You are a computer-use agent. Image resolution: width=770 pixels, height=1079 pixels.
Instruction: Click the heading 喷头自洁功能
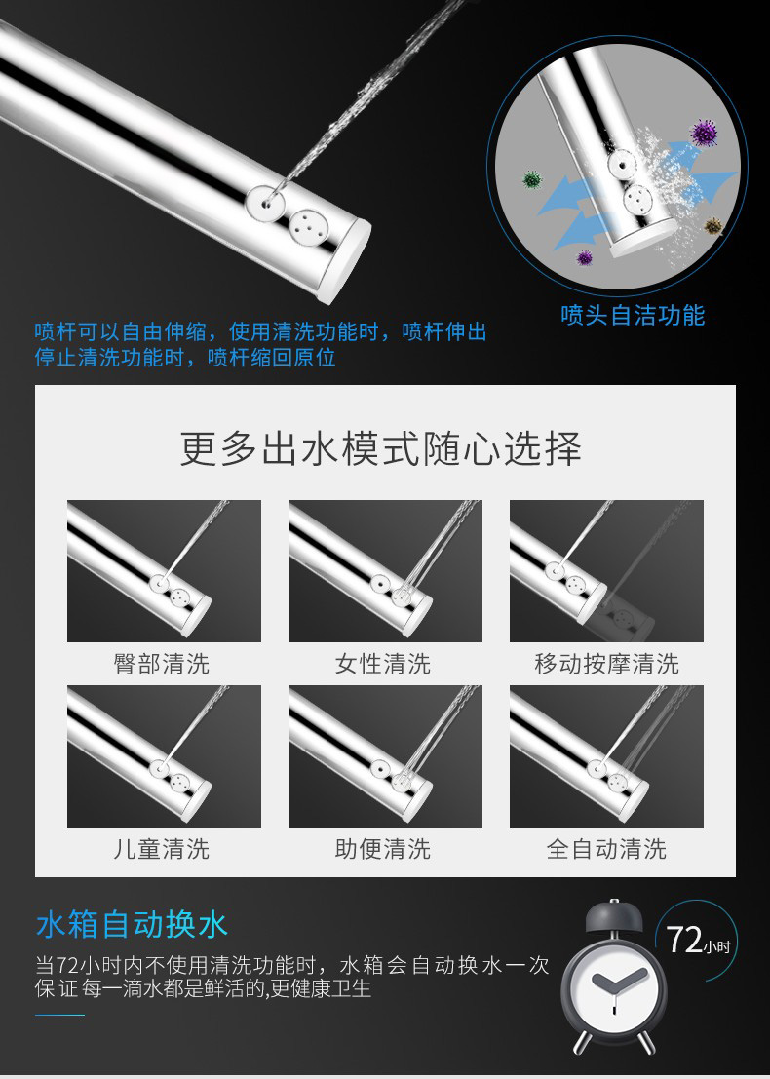633,315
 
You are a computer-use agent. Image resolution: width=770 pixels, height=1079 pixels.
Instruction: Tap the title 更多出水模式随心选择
380,448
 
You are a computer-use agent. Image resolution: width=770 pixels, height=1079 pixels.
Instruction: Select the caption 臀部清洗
162,664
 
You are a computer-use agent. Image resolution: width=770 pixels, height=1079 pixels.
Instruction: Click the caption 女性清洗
383,664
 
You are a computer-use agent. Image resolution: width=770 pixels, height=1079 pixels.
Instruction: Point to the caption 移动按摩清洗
607,664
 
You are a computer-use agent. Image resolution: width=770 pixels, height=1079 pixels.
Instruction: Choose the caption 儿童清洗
162,849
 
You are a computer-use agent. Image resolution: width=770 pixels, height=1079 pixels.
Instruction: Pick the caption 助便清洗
383,849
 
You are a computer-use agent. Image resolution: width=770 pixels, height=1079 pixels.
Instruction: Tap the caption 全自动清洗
607,849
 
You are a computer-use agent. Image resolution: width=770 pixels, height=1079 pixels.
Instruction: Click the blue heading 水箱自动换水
132,924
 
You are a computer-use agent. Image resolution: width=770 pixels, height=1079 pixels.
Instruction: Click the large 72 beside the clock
684,940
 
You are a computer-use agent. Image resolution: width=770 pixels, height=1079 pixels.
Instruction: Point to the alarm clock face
612,990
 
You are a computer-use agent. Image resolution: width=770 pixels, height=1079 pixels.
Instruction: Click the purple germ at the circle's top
704,133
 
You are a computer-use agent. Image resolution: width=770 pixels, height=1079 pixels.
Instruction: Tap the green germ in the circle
532,180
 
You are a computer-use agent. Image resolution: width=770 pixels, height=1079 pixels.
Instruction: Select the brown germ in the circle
713,226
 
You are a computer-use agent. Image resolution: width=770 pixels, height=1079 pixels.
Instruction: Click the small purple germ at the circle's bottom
584,258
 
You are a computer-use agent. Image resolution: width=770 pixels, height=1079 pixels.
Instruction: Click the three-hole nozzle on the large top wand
305,225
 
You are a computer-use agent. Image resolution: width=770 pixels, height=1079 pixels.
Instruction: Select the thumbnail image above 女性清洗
385,571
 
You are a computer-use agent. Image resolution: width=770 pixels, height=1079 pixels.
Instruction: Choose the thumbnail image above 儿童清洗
164,756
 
